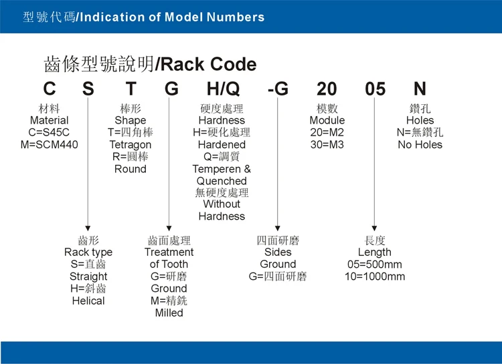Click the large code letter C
(50, 89)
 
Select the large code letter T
(131, 89)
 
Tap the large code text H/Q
(222, 89)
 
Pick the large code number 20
(327, 89)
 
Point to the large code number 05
(375, 89)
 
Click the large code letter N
(420, 89)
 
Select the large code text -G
(277, 89)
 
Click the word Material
(49, 120)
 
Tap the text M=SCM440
(49, 144)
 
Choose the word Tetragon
(130, 144)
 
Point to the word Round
(130, 169)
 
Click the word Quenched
(222, 181)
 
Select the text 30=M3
(327, 144)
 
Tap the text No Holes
(420, 144)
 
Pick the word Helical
(88, 301)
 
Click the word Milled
(169, 313)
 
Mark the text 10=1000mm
(374, 277)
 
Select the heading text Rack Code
(208, 64)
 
